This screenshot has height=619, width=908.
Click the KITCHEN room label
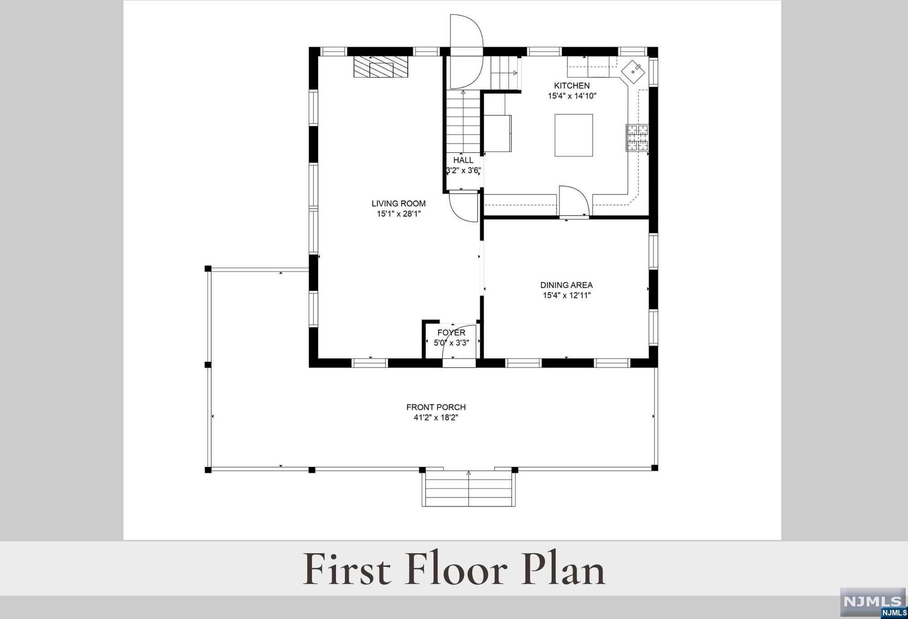(572, 85)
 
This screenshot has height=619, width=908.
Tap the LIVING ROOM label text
(399, 204)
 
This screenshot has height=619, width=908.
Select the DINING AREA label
(566, 285)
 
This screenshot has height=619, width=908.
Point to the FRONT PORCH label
(436, 407)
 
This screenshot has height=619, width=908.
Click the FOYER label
(451, 333)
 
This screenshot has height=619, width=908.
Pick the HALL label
(463, 160)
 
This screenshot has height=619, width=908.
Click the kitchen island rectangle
(574, 135)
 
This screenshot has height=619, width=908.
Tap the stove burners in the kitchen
(637, 138)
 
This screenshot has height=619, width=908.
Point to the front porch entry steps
(469, 489)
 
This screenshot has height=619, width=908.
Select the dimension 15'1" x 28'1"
(399, 214)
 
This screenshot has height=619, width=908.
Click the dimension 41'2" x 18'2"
(436, 418)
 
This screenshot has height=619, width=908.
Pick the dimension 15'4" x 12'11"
(567, 296)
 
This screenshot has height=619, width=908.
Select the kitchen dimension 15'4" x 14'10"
(572, 96)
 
